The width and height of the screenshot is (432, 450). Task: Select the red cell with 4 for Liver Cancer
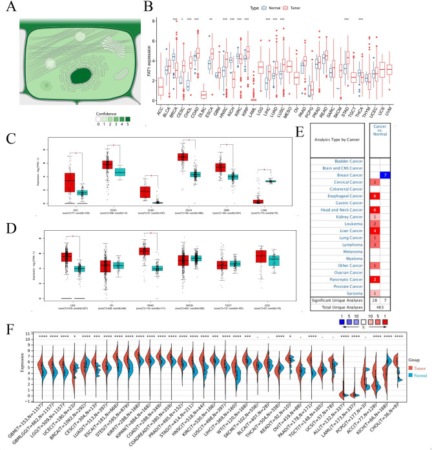(375, 248)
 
